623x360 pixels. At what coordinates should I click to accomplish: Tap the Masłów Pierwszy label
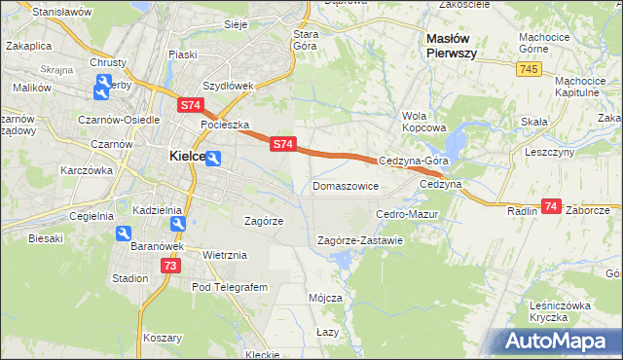click(452, 46)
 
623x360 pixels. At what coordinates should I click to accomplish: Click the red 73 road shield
click(171, 266)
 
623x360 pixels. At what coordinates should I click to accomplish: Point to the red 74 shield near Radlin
click(552, 206)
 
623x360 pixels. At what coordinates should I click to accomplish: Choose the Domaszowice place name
click(345, 185)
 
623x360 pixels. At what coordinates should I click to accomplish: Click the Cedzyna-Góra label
click(413, 161)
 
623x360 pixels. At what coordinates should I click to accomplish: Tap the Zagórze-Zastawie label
click(360, 240)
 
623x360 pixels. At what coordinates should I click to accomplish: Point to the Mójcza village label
click(325, 297)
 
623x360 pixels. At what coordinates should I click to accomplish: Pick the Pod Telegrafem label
click(229, 287)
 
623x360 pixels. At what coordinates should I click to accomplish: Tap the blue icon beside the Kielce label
click(213, 158)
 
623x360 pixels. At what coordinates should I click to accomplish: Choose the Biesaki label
click(46, 237)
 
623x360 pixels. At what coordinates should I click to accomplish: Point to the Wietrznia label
click(225, 255)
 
